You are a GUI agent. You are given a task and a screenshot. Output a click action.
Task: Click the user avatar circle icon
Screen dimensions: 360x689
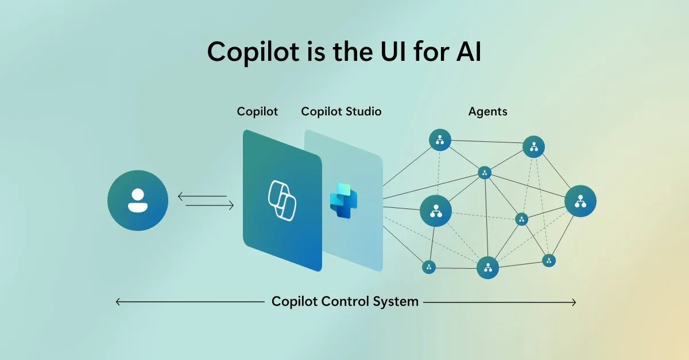(x=138, y=200)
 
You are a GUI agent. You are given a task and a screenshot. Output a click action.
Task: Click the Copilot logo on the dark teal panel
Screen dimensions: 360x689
(x=282, y=200)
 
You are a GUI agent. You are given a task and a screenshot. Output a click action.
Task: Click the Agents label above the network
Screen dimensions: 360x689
(x=488, y=111)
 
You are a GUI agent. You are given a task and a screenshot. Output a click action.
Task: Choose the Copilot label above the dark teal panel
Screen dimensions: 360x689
(x=257, y=111)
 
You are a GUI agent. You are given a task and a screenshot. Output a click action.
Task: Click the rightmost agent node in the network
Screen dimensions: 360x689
(x=580, y=201)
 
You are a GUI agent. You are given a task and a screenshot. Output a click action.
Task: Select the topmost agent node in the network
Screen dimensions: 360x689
(x=440, y=140)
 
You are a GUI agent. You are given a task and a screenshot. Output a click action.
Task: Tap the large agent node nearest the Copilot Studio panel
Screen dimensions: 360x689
(x=436, y=211)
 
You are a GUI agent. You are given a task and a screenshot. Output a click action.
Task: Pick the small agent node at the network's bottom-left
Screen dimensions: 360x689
(x=429, y=267)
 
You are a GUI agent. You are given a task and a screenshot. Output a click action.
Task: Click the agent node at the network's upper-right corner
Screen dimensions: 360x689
(x=533, y=147)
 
